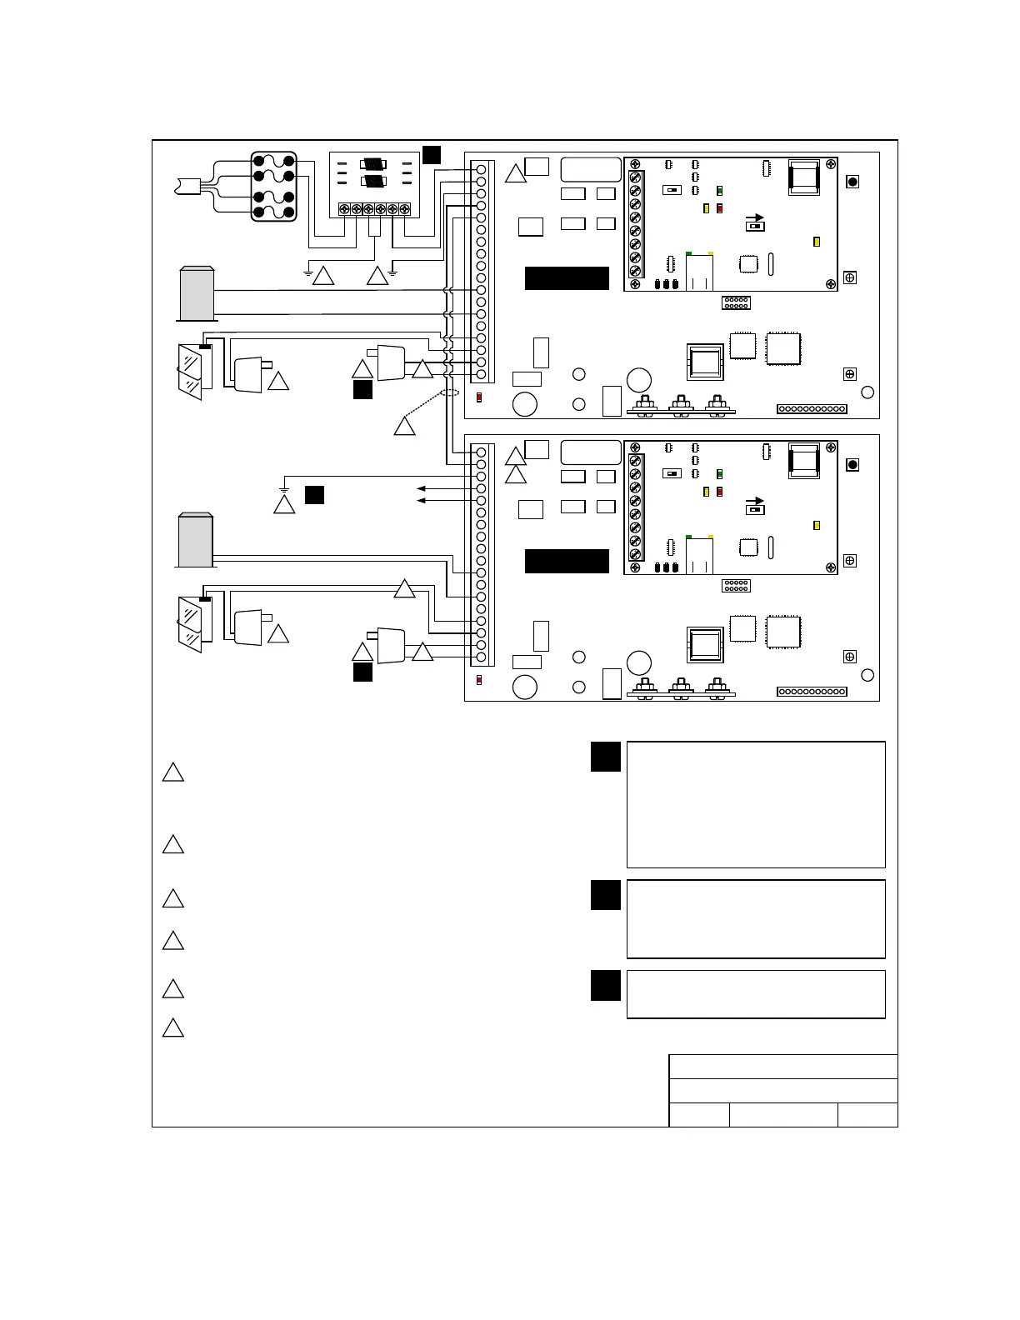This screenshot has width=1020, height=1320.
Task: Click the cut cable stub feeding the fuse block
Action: [191, 185]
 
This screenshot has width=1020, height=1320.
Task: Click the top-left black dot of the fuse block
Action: [258, 160]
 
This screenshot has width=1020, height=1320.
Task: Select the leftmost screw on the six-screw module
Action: [344, 209]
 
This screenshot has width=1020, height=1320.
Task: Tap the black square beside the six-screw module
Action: [432, 154]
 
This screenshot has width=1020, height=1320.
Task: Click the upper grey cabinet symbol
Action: [197, 293]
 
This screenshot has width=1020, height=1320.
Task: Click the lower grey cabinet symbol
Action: [196, 540]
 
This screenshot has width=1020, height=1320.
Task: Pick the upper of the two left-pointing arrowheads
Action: [422, 488]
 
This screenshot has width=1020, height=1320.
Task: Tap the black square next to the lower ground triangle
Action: [314, 494]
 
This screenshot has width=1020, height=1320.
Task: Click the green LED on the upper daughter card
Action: [720, 192]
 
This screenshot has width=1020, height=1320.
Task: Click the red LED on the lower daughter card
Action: [720, 492]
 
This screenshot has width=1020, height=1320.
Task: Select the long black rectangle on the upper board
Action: [567, 278]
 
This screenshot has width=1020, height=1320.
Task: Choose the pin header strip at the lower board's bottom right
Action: [812, 692]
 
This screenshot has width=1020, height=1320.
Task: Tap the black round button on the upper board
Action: [852, 182]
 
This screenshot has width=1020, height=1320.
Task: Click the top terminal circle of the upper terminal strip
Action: [481, 169]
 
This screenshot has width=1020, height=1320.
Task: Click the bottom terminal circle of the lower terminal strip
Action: [481, 657]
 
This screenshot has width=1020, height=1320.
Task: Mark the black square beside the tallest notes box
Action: [606, 757]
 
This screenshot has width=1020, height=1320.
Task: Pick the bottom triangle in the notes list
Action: [172, 1027]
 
